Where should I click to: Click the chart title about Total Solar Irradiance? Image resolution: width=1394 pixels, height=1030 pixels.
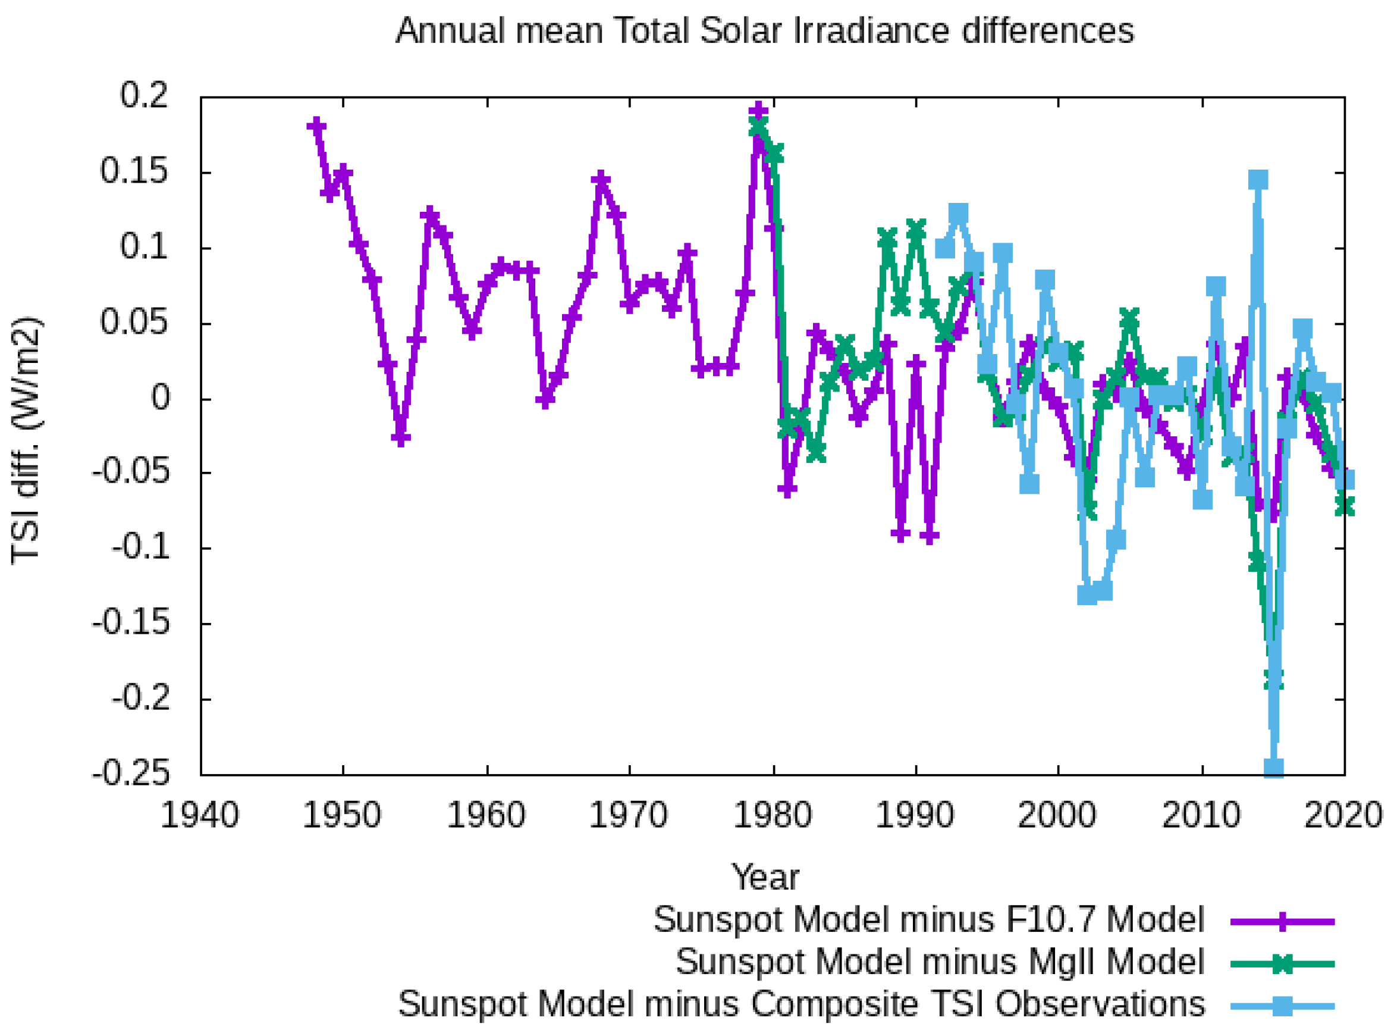765,30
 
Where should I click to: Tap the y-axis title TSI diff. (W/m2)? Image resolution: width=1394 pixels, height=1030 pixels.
26,440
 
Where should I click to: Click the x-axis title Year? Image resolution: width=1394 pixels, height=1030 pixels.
765,878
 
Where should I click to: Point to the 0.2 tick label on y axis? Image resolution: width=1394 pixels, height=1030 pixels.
144,96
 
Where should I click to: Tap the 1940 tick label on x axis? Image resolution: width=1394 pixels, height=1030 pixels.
199,816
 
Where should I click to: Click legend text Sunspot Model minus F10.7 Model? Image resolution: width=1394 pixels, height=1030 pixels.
928,921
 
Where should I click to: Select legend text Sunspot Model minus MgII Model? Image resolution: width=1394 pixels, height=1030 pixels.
940,962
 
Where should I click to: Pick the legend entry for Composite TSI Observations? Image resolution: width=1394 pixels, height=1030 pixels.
802,1004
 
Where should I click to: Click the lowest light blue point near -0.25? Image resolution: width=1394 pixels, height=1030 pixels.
1273,768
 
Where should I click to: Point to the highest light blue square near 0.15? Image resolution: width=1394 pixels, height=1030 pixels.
1258,180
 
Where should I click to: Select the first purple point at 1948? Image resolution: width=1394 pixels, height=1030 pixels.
316,126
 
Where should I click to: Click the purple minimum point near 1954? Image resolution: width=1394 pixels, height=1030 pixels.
401,438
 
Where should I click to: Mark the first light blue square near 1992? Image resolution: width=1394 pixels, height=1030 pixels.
945,249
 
